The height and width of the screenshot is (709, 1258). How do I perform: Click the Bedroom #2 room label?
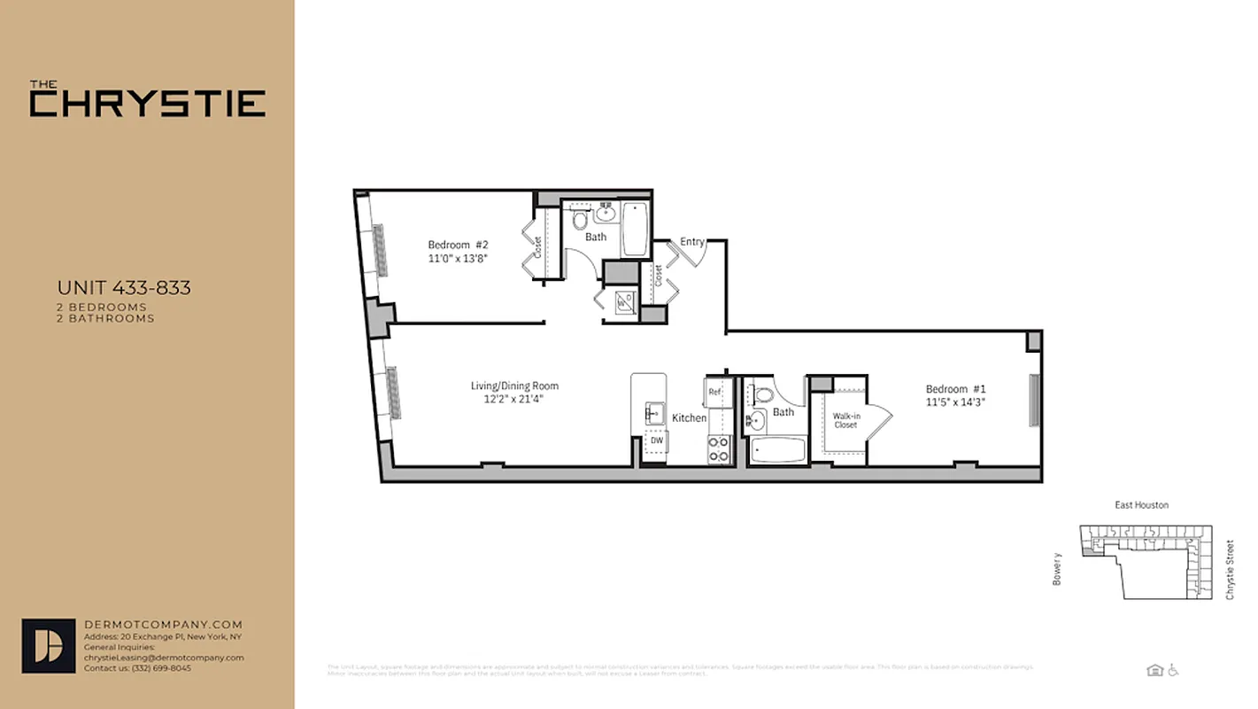point(458,245)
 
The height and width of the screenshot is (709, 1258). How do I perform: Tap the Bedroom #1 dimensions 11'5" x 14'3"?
point(955,401)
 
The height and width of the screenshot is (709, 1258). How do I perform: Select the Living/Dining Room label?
point(514,386)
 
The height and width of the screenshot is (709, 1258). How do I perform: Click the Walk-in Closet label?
point(845,420)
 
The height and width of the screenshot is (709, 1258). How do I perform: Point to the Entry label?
point(692,242)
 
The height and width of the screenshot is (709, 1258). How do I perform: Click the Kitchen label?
point(689,417)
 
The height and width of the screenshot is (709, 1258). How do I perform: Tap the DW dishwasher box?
point(656,440)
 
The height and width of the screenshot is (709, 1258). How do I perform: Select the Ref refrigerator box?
point(714,391)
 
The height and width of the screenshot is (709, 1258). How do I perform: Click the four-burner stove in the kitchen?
point(718,449)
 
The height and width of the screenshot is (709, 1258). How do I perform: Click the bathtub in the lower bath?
point(778,451)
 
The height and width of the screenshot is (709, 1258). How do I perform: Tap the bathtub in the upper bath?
point(634,230)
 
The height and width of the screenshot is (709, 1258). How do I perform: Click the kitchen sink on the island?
point(654,413)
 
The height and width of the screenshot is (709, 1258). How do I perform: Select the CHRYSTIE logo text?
point(147,103)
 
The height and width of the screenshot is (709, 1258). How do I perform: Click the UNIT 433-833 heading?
point(124,288)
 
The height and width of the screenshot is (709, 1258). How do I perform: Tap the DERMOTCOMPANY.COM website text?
point(163,625)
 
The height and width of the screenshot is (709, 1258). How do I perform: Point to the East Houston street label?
point(1140,505)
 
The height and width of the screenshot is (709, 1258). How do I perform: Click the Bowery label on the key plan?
point(1056,568)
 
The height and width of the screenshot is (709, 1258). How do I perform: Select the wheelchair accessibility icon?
point(1174,670)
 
